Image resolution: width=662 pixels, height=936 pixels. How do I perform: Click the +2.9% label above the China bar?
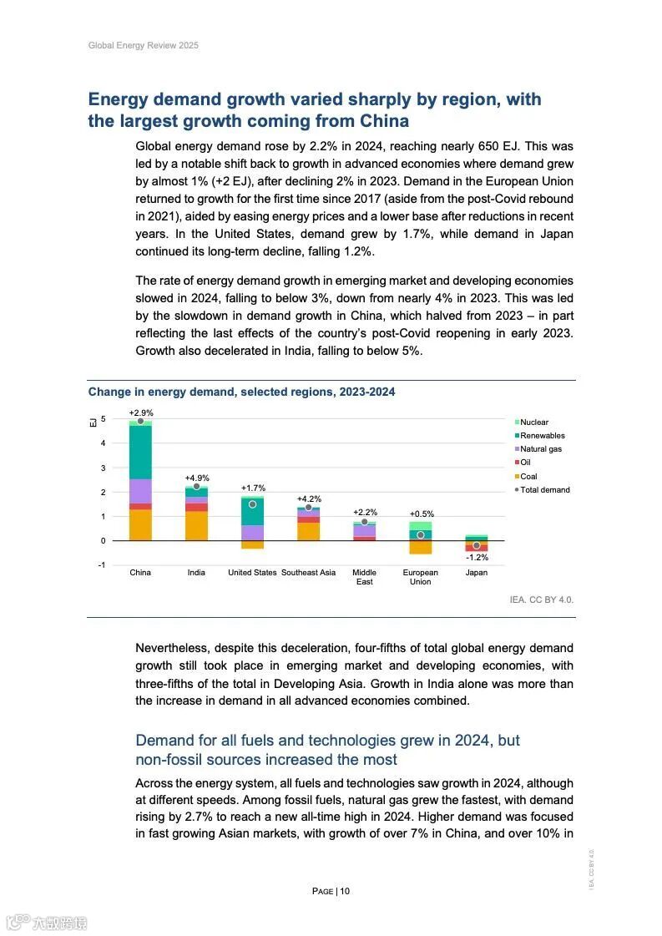click(141, 413)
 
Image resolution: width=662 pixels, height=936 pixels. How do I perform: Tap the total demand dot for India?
click(197, 486)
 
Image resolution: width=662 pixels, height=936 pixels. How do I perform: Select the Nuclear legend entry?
click(533, 422)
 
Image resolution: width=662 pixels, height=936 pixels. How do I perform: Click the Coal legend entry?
click(528, 477)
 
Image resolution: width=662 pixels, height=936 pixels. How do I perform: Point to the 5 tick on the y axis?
click(104, 419)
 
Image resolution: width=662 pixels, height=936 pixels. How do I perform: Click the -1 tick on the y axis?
click(102, 565)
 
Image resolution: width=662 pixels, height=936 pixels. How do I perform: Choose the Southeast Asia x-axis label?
click(308, 573)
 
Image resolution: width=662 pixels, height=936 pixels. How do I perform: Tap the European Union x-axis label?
click(420, 577)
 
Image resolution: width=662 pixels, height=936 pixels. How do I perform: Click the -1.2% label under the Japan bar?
click(477, 557)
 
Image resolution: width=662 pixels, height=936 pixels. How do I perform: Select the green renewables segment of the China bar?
click(140, 452)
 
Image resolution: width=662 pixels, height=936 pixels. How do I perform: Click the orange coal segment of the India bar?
click(196, 526)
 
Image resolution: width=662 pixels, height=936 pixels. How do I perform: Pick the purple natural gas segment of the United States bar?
click(252, 533)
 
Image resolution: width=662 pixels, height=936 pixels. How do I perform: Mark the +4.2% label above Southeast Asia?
click(309, 498)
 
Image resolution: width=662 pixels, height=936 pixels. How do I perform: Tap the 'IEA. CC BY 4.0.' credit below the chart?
click(541, 600)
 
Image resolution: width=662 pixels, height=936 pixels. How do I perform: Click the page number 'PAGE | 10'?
click(331, 891)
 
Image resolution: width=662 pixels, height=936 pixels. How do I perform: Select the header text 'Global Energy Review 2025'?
click(144, 45)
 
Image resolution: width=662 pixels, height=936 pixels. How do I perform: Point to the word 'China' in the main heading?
click(380, 121)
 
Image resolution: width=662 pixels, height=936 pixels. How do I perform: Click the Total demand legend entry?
click(544, 490)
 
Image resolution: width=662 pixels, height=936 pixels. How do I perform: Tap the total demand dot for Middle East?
click(364, 522)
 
